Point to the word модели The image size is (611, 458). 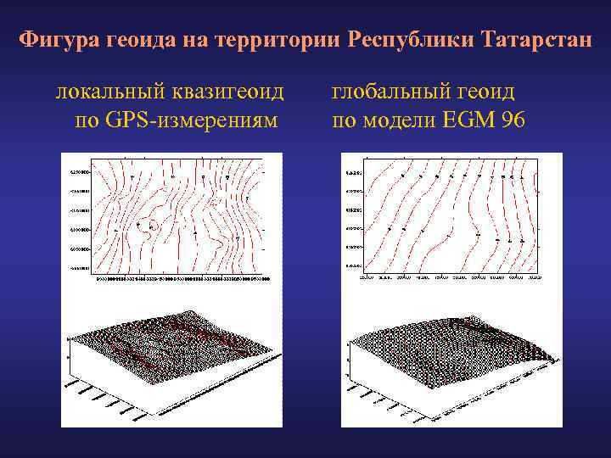coord(400,120)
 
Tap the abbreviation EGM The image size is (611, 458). coord(469,120)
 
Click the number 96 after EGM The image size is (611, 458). coord(513,120)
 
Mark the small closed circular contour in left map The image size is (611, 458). coord(152,226)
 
